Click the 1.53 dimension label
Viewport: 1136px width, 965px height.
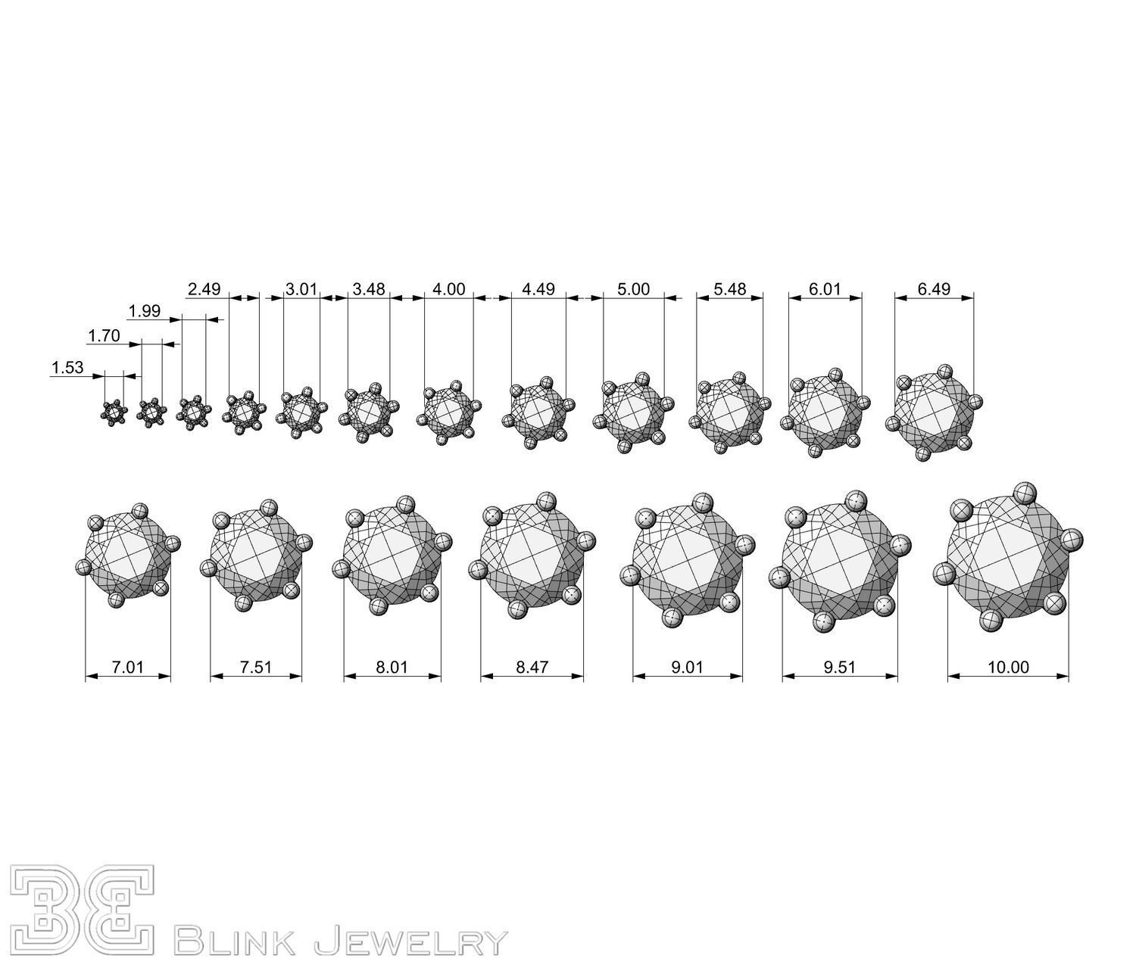click(67, 368)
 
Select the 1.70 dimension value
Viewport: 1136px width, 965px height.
click(104, 336)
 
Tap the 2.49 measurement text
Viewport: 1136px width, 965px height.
click(203, 289)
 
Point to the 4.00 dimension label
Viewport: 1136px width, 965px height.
click(448, 289)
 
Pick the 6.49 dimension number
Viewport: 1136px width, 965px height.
click(934, 289)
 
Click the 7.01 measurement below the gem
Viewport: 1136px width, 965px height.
click(127, 667)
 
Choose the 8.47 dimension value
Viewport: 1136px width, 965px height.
click(532, 667)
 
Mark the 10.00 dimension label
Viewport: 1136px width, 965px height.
click(1008, 667)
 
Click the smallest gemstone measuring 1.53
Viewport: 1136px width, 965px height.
click(114, 412)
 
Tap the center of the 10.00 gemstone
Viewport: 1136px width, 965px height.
click(1008, 556)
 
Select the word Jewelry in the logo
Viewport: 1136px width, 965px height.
click(409, 942)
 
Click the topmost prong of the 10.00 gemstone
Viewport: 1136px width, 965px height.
click(1025, 493)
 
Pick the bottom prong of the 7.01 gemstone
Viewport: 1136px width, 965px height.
click(117, 600)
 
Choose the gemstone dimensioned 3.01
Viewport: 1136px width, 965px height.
click(301, 412)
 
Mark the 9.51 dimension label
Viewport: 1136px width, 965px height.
click(840, 667)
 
